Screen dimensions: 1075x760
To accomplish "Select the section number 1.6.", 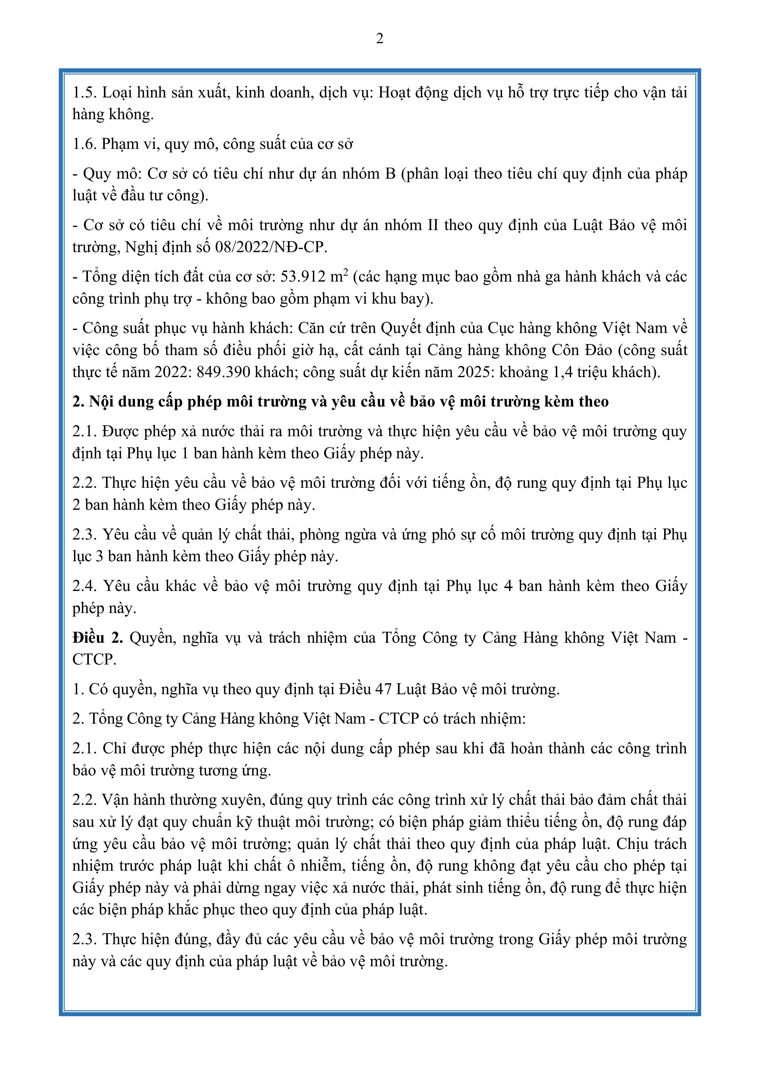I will pyautogui.click(x=84, y=144).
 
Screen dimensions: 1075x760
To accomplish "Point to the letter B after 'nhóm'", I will pyautogui.click(x=390, y=174).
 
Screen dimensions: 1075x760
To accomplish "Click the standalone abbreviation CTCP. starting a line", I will pyautogui.click(x=94, y=659).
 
